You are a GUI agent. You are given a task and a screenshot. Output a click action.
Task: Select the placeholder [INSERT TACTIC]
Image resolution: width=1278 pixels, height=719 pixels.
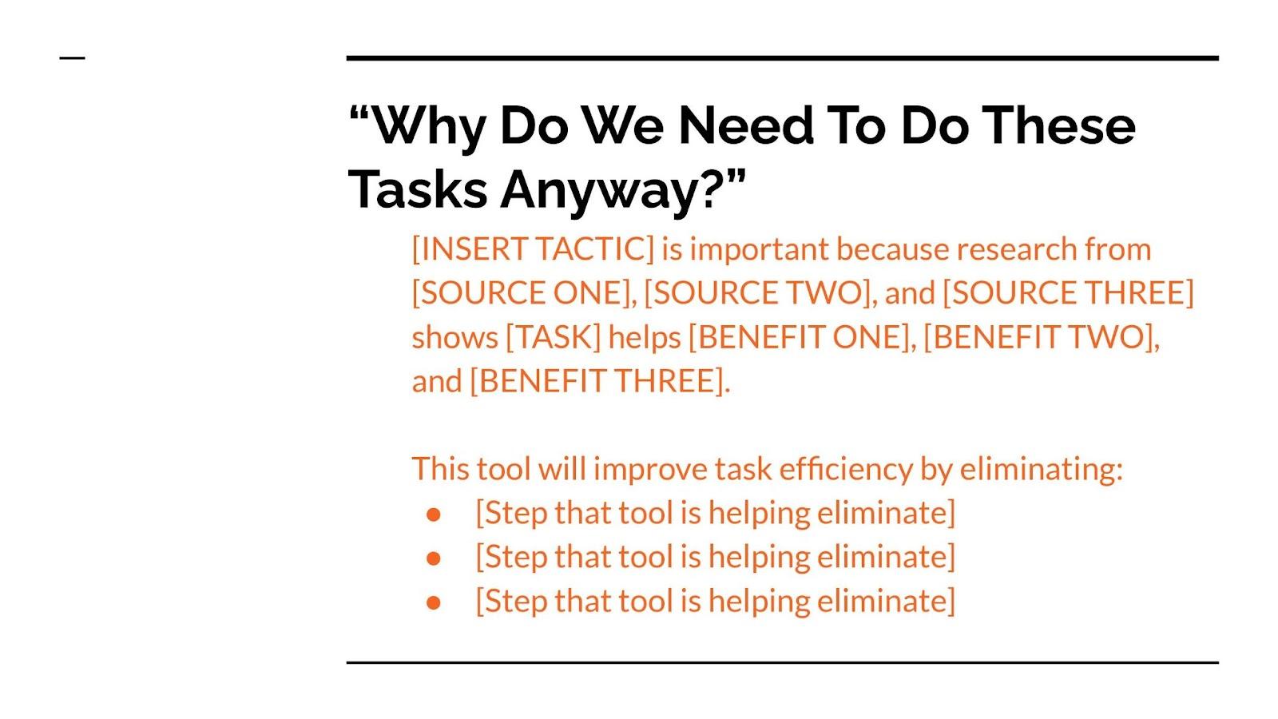(533, 249)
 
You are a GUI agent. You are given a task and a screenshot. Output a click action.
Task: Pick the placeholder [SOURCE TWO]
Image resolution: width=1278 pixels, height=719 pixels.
(758, 292)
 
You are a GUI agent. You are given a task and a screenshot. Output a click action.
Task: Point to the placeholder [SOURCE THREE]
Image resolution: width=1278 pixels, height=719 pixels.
(1068, 292)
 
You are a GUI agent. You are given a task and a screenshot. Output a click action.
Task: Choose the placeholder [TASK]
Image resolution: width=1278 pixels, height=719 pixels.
(554, 336)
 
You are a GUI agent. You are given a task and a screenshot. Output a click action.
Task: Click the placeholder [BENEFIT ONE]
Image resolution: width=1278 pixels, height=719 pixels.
(799, 336)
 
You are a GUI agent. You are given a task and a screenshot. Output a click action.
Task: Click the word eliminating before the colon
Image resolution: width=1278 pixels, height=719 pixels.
(1038, 469)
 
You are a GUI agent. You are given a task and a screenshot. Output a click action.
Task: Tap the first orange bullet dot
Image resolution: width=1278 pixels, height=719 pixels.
(434, 514)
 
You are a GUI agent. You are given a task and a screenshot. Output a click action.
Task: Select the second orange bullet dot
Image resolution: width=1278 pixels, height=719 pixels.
(434, 558)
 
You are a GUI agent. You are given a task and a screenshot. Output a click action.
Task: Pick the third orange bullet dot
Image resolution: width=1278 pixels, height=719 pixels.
(434, 602)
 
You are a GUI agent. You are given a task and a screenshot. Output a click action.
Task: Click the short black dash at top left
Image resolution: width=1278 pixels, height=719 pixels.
(73, 58)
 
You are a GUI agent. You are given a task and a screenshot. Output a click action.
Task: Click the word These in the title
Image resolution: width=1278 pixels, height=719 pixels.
(1059, 125)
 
